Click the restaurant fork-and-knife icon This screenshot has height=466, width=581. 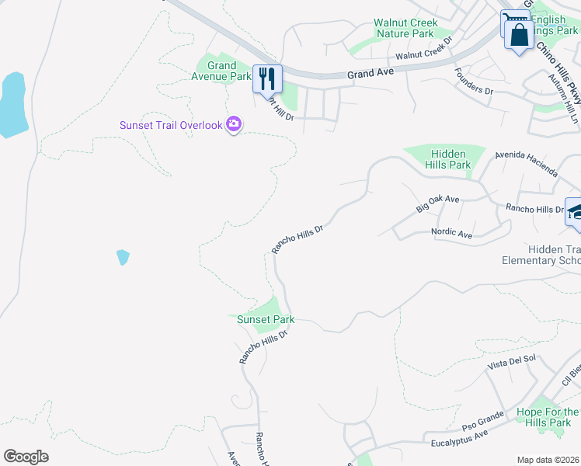266,78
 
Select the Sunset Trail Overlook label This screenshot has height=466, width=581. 170,125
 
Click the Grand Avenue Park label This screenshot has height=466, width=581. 221,71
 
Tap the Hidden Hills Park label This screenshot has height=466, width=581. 449,159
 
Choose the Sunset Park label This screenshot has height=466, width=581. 265,319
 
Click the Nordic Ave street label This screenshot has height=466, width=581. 452,234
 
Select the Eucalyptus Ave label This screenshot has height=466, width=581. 459,440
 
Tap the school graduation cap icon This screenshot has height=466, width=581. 576,211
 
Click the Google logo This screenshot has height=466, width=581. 26,457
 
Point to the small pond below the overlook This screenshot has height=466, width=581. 123,257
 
